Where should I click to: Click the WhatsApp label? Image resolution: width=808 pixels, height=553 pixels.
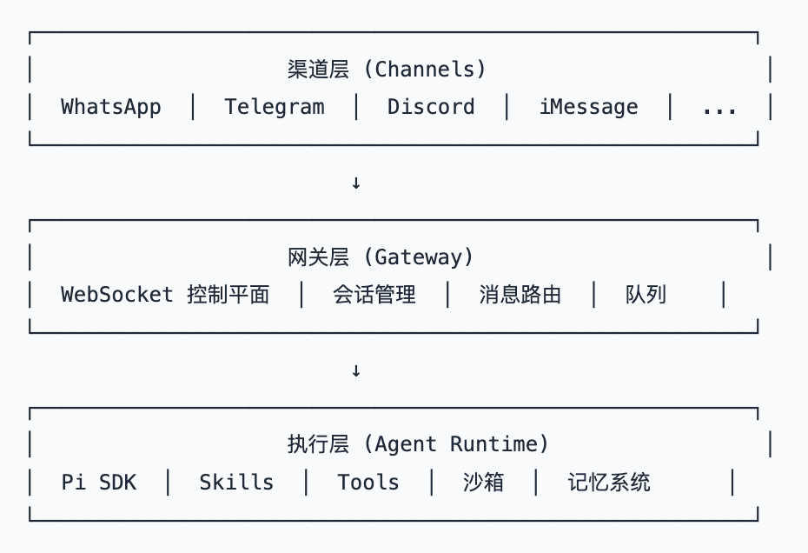111,107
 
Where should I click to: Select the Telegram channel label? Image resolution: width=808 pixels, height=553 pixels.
275,107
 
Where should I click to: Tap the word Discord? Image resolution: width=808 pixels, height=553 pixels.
431,107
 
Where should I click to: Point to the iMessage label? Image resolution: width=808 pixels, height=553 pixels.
588,107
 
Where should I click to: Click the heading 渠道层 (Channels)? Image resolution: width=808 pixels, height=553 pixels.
387,69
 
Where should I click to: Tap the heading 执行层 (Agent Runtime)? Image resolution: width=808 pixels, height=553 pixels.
418,444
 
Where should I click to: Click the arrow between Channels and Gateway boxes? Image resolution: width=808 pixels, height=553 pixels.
355,183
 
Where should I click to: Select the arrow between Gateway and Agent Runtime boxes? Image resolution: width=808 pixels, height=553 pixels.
355,370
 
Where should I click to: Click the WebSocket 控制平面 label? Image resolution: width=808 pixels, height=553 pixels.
165,295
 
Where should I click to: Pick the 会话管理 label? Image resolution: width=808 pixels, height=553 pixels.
374,295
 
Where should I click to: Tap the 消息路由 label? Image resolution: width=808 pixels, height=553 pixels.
520,295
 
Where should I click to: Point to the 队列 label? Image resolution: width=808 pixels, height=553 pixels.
646,295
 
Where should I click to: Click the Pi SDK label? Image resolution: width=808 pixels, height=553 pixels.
99,483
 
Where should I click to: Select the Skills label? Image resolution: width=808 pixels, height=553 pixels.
236,483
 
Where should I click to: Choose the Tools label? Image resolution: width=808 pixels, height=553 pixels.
368,483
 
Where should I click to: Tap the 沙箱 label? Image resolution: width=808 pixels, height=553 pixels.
483,483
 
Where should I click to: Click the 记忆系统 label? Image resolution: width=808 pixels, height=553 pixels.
609,483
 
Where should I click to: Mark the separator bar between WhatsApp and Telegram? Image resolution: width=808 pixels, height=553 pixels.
193,107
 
